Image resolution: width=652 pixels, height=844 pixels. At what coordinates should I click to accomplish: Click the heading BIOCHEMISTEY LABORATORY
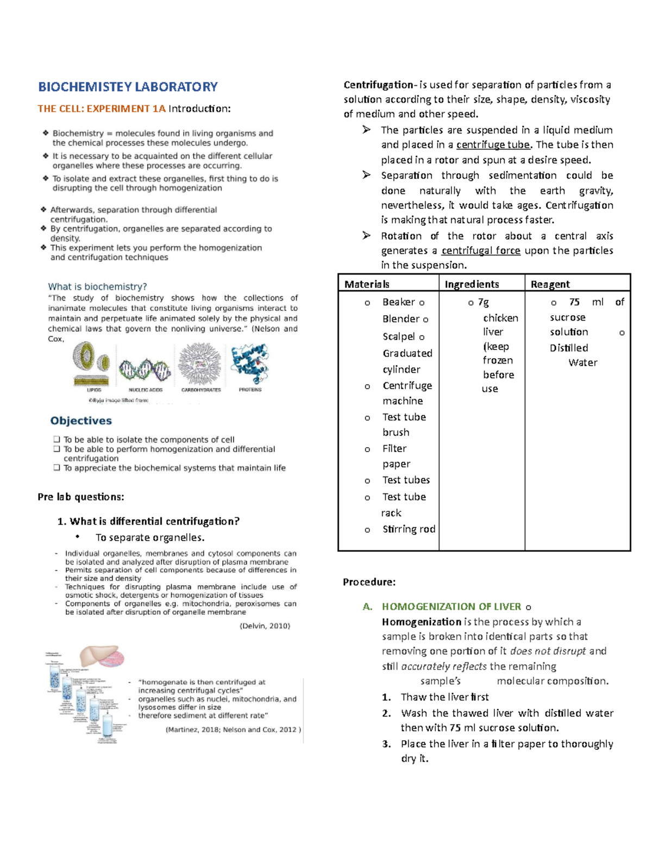pyautogui.click(x=128, y=87)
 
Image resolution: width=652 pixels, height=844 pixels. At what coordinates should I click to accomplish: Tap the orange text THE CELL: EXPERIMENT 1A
pyautogui.click(x=102, y=109)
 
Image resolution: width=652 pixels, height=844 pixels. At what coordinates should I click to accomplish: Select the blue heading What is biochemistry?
pyautogui.click(x=97, y=286)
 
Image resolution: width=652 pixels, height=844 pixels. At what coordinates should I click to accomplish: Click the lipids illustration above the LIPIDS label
pyautogui.click(x=92, y=362)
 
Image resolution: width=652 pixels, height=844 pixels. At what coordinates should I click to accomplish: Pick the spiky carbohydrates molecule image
pyautogui.click(x=200, y=364)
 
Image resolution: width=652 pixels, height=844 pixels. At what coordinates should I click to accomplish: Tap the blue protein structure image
pyautogui.click(x=250, y=363)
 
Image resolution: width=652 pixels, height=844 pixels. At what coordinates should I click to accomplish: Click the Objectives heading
pyautogui.click(x=81, y=421)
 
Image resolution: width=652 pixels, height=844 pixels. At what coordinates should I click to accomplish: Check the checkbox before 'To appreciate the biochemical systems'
pyautogui.click(x=57, y=468)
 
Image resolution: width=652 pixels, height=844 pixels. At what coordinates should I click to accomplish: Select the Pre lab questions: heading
pyautogui.click(x=81, y=497)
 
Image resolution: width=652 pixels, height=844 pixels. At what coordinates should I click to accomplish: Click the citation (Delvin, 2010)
pyautogui.click(x=265, y=626)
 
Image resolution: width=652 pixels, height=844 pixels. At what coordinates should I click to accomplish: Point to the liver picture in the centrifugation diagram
pyautogui.click(x=101, y=657)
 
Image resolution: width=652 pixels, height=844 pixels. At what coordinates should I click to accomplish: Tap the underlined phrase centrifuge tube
pyautogui.click(x=493, y=145)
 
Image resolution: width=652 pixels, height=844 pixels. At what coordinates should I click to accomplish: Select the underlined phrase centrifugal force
pyautogui.click(x=481, y=251)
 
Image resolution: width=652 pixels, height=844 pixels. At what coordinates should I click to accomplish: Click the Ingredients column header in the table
pyautogui.click(x=472, y=284)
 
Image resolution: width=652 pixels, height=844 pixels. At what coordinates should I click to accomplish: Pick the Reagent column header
pyautogui.click(x=550, y=284)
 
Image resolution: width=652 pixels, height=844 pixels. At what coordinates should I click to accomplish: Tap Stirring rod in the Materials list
pyautogui.click(x=409, y=529)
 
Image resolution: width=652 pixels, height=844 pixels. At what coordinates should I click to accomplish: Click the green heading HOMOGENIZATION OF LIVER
pyautogui.click(x=451, y=607)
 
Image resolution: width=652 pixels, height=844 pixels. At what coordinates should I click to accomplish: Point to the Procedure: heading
pyautogui.click(x=369, y=582)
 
